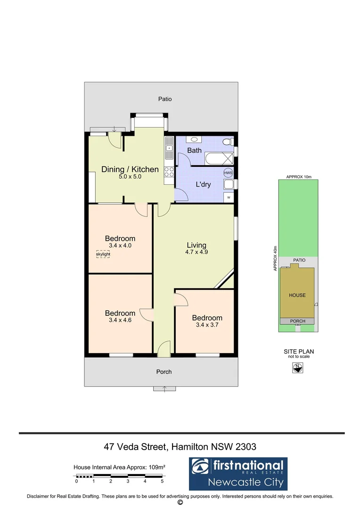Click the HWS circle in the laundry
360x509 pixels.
[228, 173]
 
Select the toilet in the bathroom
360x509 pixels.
[228, 141]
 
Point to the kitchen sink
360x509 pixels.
[169, 148]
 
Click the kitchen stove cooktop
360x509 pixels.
[168, 172]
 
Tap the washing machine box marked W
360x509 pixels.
[229, 197]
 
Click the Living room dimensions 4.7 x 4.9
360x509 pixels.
[196, 253]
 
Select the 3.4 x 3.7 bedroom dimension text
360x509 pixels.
[207, 325]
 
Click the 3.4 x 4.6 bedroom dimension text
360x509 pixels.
[120, 320]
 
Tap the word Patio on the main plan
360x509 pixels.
[164, 99]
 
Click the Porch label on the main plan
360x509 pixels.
[164, 372]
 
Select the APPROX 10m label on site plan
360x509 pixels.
[299, 177]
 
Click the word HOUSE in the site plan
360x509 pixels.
[297, 296]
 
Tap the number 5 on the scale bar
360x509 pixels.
[162, 482]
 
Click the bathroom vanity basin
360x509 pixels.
[194, 140]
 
